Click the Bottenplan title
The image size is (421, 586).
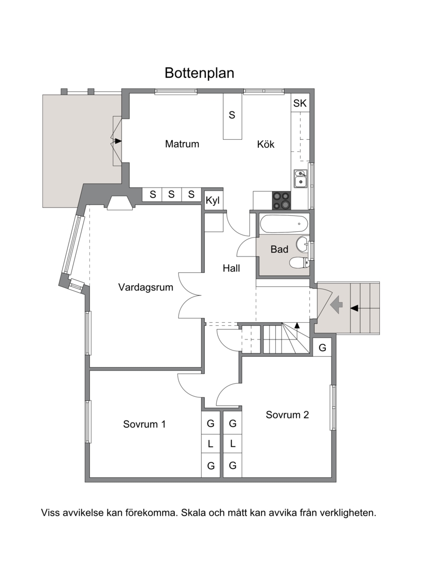[199, 73]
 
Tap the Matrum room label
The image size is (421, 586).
[182, 144]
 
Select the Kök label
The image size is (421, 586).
[266, 144]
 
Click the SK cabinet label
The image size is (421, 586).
[300, 103]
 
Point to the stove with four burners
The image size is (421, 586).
[282, 200]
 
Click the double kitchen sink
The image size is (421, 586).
[300, 179]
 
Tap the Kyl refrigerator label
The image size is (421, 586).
[213, 201]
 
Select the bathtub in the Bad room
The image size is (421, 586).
[284, 224]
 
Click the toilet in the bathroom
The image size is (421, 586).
[299, 263]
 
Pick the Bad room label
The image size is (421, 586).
[279, 249]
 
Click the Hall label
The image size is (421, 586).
[231, 268]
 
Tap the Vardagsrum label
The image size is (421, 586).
[146, 287]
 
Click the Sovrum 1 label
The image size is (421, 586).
[144, 424]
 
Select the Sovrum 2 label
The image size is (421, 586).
[287, 415]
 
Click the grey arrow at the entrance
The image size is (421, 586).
[337, 304]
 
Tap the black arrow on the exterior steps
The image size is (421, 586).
[354, 308]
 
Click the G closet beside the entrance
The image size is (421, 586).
[322, 347]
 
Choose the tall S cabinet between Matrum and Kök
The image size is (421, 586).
[233, 116]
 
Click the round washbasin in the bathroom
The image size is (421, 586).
[302, 245]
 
